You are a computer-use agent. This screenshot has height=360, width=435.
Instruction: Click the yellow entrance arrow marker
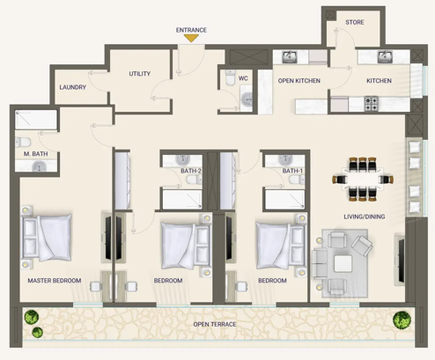191,38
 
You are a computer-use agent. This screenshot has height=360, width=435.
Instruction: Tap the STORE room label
355,22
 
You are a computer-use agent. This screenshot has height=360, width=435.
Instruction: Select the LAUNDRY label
72,87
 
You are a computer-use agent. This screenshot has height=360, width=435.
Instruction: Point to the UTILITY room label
140,74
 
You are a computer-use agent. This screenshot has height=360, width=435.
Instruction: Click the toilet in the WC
231,77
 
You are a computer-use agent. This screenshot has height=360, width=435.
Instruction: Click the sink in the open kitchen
290,56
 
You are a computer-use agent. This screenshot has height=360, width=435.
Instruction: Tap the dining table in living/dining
363,180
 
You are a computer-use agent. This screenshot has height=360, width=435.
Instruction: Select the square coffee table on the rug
343,263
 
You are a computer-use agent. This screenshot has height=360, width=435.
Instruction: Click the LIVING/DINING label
365,217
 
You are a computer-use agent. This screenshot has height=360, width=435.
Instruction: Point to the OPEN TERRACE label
215,324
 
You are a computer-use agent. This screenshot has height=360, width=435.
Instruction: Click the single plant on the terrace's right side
402,320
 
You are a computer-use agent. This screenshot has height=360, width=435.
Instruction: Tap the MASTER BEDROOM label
55,281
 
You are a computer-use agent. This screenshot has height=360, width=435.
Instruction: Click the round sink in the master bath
39,167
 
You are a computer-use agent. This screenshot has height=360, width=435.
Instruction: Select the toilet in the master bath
23,143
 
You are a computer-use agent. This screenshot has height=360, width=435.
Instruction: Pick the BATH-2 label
191,171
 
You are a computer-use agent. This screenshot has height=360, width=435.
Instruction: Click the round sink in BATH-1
284,160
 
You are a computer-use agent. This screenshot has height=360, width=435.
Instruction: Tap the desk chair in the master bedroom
95,286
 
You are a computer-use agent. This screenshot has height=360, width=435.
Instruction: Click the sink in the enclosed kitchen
385,56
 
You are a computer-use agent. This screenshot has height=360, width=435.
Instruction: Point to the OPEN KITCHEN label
299,81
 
